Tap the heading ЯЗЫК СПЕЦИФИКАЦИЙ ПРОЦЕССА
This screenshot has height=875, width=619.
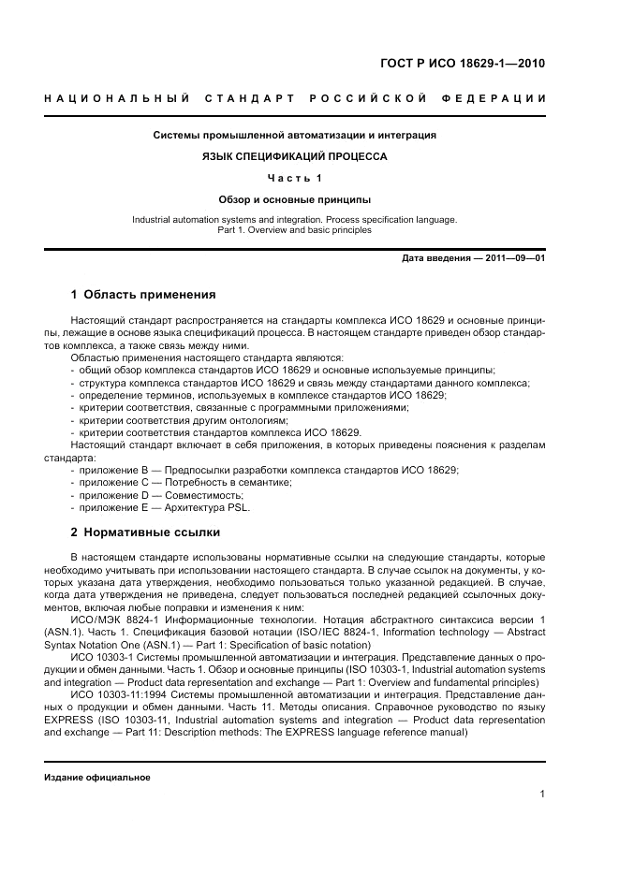tap(294, 156)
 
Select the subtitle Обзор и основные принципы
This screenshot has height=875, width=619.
tap(294, 199)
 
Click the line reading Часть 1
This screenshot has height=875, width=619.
tap(294, 178)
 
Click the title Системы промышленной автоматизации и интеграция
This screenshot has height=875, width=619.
tap(294, 135)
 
